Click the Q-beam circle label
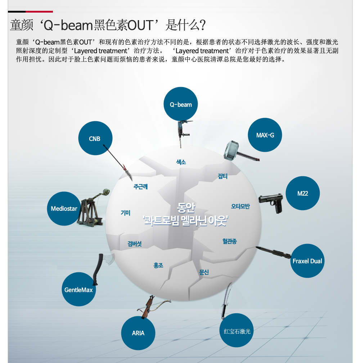coord(181,104)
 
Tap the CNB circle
coord(95,139)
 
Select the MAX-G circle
coord(265,135)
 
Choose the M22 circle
coord(303,193)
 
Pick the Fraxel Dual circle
coord(307,261)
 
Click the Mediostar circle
coord(64,209)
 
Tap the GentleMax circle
coord(78,290)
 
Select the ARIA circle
coord(138,333)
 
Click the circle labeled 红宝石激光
coord(237,331)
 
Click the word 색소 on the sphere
coord(181,162)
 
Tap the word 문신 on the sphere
coord(204,272)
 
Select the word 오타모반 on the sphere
coord(240,207)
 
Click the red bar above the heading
coord(39,12)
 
